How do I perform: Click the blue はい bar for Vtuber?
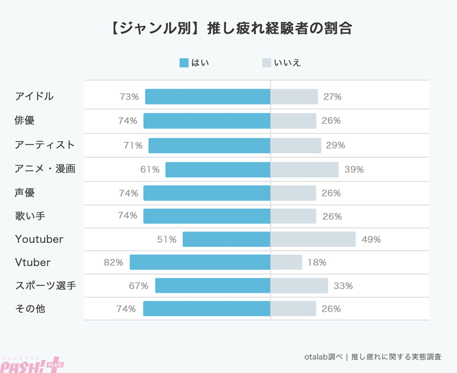pos(200,262)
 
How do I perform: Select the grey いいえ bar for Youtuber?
pos(313,239)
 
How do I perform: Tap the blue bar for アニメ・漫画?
pos(218,169)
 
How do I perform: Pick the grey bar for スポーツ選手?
pos(299,286)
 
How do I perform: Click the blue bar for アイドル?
pos(207,97)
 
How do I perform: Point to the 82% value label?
pos(114,262)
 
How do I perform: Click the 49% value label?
pos(371,239)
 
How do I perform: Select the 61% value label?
pos(150,169)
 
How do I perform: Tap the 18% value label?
pos(316,262)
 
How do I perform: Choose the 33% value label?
pos(343,286)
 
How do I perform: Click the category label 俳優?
pos(25,121)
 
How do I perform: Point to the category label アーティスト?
pos(45,145)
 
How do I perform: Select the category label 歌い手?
pos(30,215)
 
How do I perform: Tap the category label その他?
pos(30,309)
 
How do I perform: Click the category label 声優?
pos(25,192)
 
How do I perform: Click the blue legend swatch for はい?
pos(184,62)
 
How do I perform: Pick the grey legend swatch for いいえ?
pos(266,62)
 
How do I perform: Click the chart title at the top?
pos(228,28)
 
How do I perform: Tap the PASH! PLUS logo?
pos(32,363)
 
